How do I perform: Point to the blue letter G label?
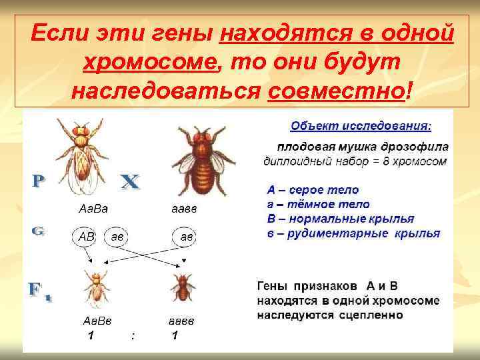click(x=39, y=231)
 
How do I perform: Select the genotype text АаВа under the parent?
click(x=94, y=209)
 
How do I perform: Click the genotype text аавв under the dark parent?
click(x=183, y=209)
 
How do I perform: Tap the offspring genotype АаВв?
click(x=96, y=321)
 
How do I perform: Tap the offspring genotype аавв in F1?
click(x=181, y=321)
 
